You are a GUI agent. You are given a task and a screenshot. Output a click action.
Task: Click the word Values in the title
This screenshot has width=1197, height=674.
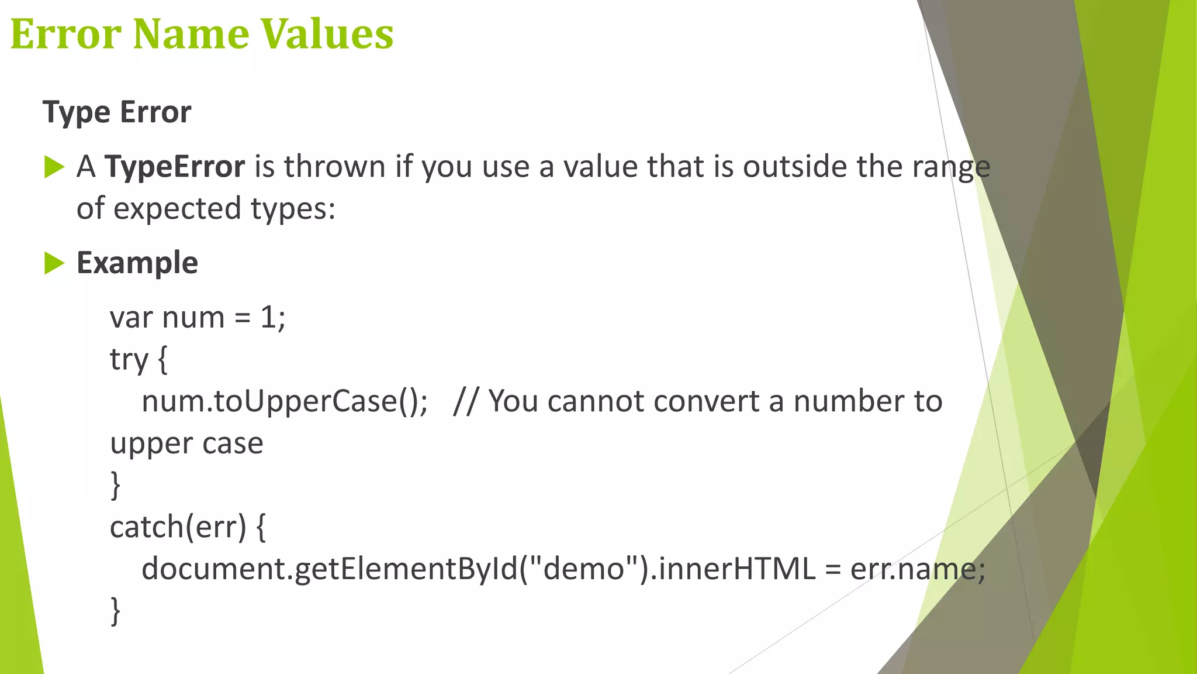(326, 34)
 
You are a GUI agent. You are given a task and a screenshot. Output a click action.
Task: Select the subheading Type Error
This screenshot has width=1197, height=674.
(117, 112)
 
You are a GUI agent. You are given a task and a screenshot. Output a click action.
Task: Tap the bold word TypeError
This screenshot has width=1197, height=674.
(175, 167)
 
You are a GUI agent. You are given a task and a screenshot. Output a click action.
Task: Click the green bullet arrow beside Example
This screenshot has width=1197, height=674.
(54, 263)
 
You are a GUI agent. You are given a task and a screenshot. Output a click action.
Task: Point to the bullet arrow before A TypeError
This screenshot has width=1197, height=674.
(54, 167)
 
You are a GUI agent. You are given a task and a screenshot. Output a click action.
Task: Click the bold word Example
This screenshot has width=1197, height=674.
(137, 263)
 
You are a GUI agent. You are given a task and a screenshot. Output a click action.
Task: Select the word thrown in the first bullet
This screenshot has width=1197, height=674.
(335, 167)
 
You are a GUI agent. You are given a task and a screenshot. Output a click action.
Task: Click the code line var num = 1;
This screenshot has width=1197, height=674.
(198, 318)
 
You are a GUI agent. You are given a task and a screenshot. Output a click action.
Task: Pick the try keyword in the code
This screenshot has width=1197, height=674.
(129, 359)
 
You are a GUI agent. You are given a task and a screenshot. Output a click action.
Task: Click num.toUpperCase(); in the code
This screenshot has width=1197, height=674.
(285, 402)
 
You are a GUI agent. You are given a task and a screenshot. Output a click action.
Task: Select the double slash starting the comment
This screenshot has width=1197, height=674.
(465, 402)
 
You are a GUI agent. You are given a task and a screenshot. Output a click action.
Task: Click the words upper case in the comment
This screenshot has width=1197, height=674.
(186, 443)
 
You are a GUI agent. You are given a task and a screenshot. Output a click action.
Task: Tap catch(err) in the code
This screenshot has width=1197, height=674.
(178, 527)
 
